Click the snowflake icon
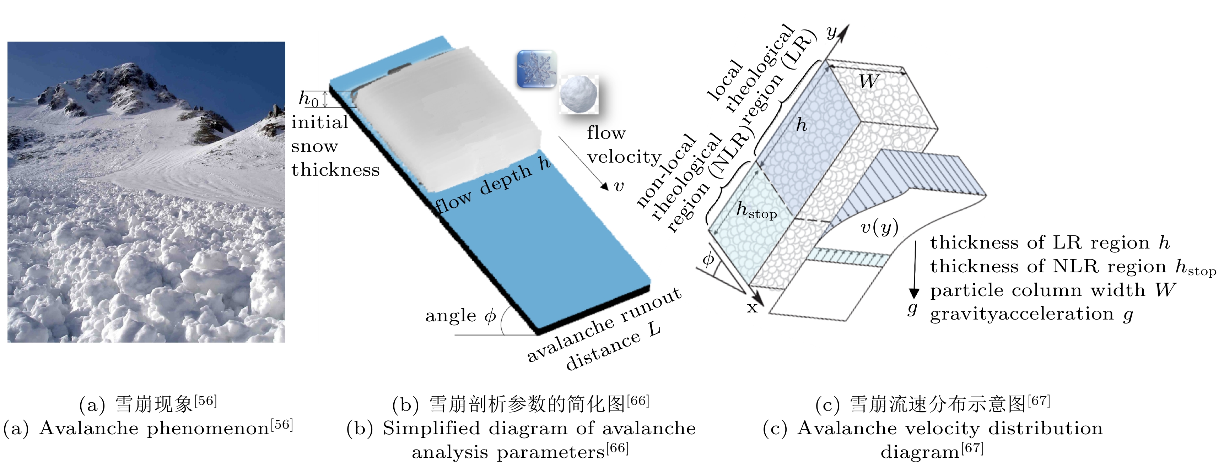pyautogui.click(x=536, y=69)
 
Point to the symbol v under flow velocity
pyautogui.click(x=619, y=186)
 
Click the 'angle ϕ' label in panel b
pyautogui.click(x=460, y=316)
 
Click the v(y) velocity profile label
pyautogui.click(x=879, y=228)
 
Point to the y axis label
pyautogui.click(x=831, y=32)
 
